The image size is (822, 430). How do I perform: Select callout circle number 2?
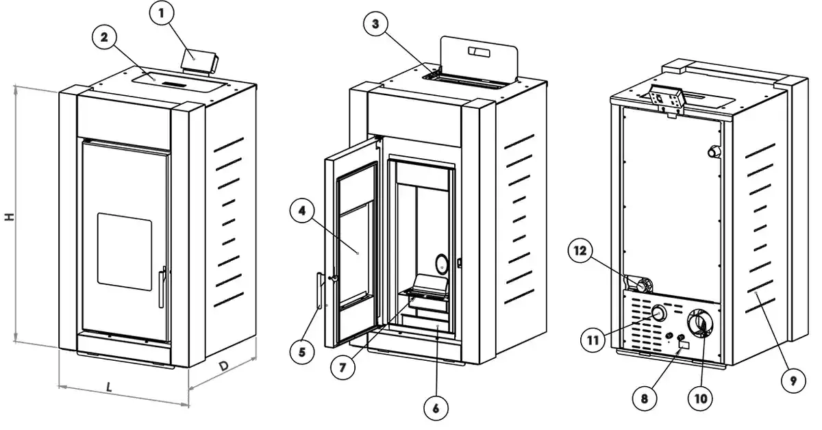105,38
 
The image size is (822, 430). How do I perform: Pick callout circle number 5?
301,353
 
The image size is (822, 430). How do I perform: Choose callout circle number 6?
436,409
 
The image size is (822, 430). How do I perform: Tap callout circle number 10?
702,396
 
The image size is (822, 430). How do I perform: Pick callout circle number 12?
580,251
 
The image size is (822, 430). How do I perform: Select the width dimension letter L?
110,387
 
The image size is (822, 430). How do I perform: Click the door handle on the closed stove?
162,288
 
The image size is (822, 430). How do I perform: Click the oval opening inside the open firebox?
442,264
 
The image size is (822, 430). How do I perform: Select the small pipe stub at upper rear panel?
714,152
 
